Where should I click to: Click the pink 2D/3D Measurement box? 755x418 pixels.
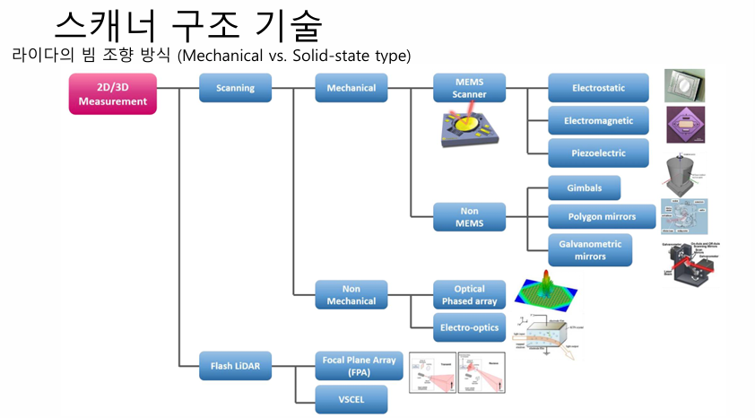[x=113, y=94]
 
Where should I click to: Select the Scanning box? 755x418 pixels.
[x=236, y=88]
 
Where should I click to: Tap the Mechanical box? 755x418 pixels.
[x=351, y=88]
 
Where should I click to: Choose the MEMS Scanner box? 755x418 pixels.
[x=469, y=88]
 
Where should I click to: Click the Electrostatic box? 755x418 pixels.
[x=598, y=88]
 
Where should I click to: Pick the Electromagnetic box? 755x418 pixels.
[x=598, y=120]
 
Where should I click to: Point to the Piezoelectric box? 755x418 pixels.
[x=598, y=152]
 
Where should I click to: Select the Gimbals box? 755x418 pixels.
[x=584, y=187]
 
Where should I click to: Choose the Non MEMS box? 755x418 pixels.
[x=469, y=216]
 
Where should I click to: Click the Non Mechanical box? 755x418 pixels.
[x=351, y=295]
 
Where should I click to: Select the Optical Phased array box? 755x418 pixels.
[x=469, y=295]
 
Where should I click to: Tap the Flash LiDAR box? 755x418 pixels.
[x=236, y=366]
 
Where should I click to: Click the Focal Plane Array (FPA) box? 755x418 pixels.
[x=351, y=366]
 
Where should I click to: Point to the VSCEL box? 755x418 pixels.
[x=351, y=397]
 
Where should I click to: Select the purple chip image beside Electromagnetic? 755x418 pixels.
[x=685, y=125]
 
